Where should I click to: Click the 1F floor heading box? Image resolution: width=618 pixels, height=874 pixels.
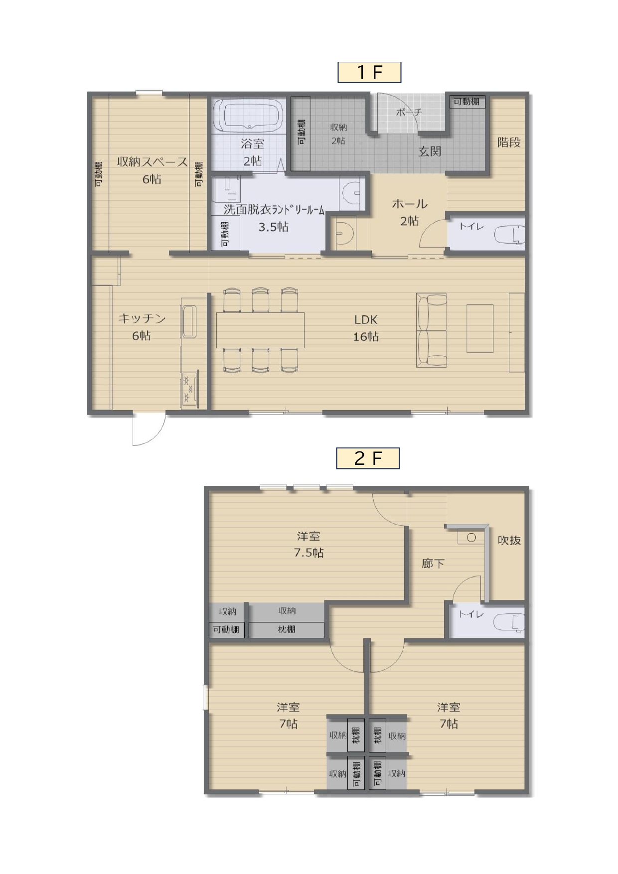coord(369,72)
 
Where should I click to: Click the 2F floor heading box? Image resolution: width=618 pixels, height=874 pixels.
coord(368,458)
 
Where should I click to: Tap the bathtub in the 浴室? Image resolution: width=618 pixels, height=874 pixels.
coord(248,116)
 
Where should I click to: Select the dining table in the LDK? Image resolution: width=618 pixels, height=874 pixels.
coord(260,330)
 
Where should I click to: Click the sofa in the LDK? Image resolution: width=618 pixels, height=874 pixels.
coord(432,330)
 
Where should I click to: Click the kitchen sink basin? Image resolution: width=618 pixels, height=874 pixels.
coord(189,322)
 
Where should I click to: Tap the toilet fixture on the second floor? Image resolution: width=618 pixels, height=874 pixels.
coord(509,622)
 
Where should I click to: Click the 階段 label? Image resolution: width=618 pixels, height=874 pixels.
coord(509,143)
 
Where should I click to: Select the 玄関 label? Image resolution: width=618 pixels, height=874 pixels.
coord(430,151)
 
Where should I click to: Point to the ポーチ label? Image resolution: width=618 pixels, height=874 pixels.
coord(409,112)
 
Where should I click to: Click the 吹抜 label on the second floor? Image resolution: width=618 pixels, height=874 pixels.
coord(509,540)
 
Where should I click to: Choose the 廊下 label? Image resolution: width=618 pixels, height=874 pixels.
coord(433,564)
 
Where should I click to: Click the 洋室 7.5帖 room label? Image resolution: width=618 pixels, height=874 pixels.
coord(309,544)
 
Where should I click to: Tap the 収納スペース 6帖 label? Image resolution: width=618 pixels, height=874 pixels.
coord(153,170)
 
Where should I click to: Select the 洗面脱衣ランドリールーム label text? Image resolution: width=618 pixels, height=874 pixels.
coord(274,209)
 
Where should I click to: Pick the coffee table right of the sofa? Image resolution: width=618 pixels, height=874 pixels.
coord(480,328)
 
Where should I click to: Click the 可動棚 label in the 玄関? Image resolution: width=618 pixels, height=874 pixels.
coord(466,102)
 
